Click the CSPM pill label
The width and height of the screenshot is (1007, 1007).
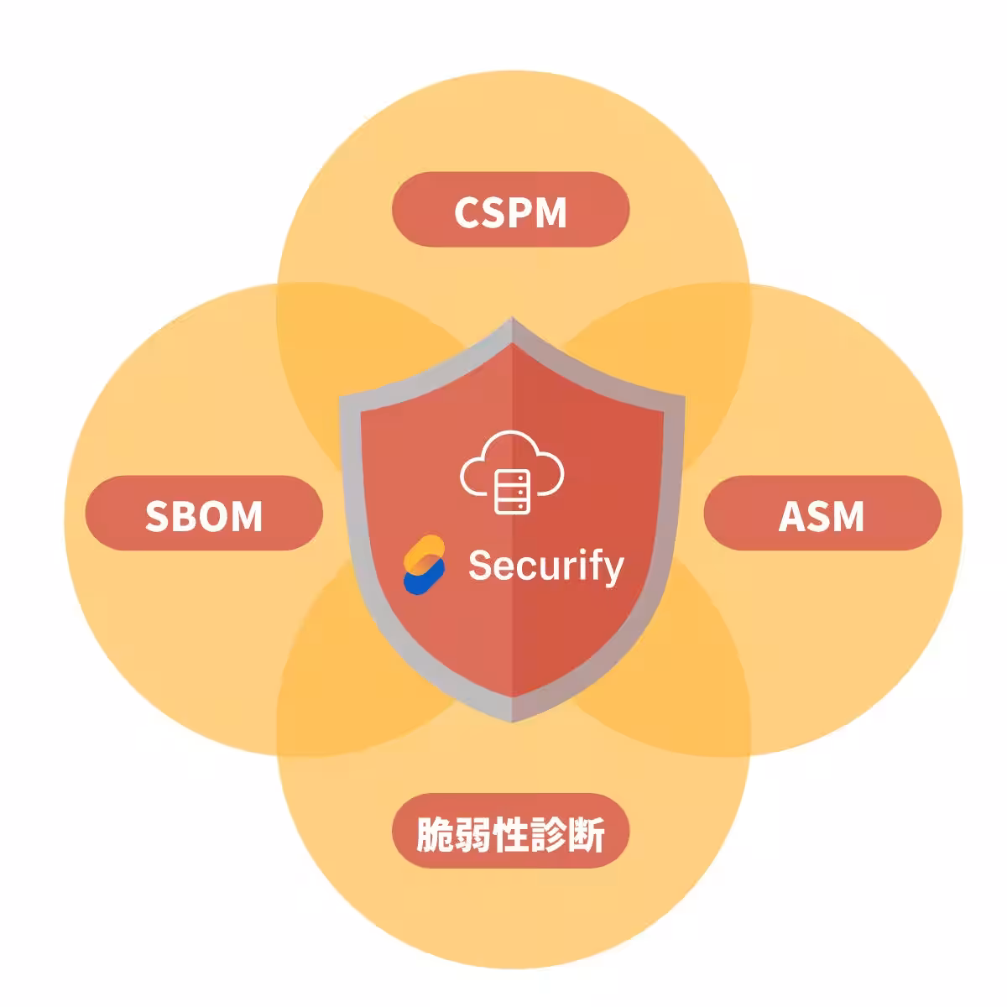point(510,209)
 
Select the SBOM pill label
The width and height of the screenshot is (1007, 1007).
point(204,513)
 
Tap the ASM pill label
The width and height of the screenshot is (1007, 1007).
point(822,513)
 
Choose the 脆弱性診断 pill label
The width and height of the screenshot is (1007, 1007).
point(510,831)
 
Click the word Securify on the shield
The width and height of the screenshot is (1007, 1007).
point(546,566)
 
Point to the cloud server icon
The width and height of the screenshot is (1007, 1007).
point(512,472)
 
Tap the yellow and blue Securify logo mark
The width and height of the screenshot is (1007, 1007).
point(424,565)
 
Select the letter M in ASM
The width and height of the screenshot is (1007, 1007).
point(846,516)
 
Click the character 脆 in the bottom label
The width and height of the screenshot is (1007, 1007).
point(435,834)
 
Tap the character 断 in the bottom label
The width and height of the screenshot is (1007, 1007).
point(586,834)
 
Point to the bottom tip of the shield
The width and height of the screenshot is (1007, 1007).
point(512,722)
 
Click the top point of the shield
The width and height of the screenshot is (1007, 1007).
point(512,317)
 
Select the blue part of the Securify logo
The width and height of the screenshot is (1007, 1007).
point(423,578)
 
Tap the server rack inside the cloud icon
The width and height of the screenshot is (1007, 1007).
point(512,492)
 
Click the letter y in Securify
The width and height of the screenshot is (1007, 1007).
point(613,571)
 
